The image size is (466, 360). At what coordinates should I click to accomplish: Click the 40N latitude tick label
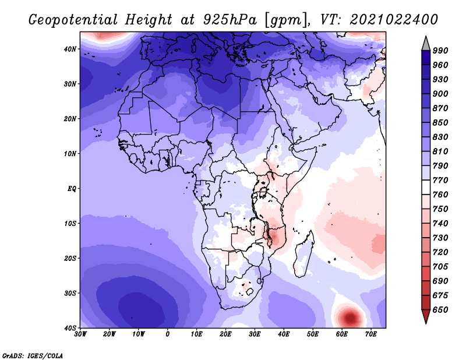click(x=70, y=49)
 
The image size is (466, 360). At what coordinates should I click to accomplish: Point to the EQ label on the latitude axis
click(x=72, y=189)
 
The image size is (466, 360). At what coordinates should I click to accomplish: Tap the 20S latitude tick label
click(x=70, y=258)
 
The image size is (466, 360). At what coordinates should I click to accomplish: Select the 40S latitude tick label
click(x=70, y=328)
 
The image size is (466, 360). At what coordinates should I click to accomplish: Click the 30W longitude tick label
click(x=80, y=334)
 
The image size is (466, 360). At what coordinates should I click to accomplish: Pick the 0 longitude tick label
click(x=168, y=334)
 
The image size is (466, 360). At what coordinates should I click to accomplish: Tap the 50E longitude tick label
click(x=313, y=334)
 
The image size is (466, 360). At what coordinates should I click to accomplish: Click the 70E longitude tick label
click(x=371, y=334)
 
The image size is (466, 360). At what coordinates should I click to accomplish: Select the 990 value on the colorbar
click(x=440, y=51)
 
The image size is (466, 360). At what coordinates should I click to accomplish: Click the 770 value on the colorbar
click(x=440, y=181)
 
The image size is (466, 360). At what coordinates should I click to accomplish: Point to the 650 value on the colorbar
click(x=440, y=310)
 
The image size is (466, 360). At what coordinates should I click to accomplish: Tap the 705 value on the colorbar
click(x=440, y=267)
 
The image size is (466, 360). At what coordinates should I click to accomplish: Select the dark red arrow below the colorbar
click(x=426, y=316)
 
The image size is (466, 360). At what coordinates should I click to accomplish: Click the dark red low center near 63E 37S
click(x=350, y=318)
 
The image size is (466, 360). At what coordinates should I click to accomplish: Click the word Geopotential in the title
click(x=73, y=20)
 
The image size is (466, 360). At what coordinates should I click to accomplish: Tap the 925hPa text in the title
click(x=230, y=20)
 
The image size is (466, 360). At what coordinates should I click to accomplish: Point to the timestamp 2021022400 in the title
click(x=394, y=20)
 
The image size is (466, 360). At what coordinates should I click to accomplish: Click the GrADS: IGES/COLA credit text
click(x=33, y=356)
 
